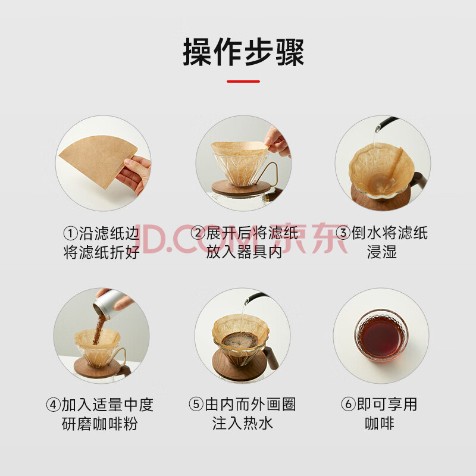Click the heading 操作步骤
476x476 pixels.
(243, 52)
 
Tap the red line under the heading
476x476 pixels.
(243, 82)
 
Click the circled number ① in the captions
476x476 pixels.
(70, 233)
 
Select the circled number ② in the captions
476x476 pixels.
(198, 233)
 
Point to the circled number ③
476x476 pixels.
(343, 233)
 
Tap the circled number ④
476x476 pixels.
(53, 405)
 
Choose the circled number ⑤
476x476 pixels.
(196, 405)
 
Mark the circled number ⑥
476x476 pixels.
(349, 405)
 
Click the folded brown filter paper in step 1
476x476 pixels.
(98, 160)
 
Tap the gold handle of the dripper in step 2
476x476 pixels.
(273, 174)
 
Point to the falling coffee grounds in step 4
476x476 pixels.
(99, 330)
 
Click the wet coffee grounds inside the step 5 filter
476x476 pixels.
(240, 340)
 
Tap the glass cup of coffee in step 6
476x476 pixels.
(381, 336)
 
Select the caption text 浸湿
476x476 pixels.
(382, 252)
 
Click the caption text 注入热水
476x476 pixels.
(243, 424)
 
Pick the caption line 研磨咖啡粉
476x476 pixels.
(100, 424)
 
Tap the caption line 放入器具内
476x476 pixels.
(244, 252)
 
